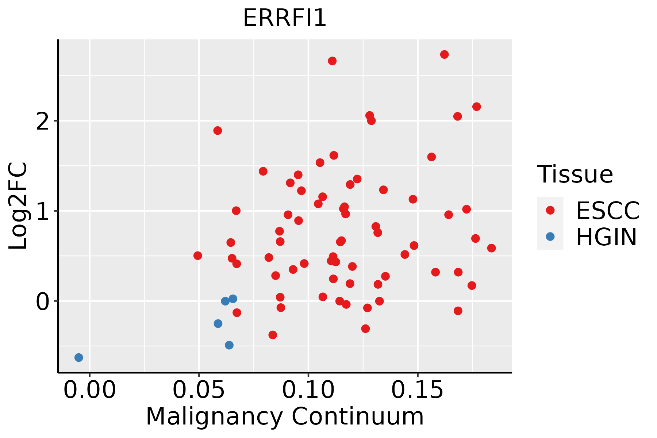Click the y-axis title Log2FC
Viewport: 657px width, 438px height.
click(x=18, y=206)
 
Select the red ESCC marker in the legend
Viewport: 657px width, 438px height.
click(x=550, y=210)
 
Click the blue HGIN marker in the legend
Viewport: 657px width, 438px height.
click(x=550, y=237)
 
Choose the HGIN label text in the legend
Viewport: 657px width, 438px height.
click(x=606, y=237)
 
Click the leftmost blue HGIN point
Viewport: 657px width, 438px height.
click(x=79, y=357)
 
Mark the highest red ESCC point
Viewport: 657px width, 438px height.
click(x=444, y=54)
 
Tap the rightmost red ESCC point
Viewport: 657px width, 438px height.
click(x=491, y=248)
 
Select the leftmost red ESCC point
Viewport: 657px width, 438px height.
click(x=198, y=255)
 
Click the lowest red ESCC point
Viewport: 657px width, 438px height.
click(x=273, y=335)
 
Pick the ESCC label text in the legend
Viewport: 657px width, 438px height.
click(x=608, y=211)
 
